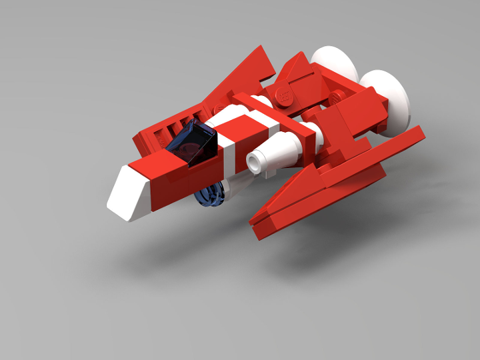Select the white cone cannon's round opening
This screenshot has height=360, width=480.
(x=255, y=161)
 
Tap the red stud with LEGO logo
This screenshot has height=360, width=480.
(x=284, y=95)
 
